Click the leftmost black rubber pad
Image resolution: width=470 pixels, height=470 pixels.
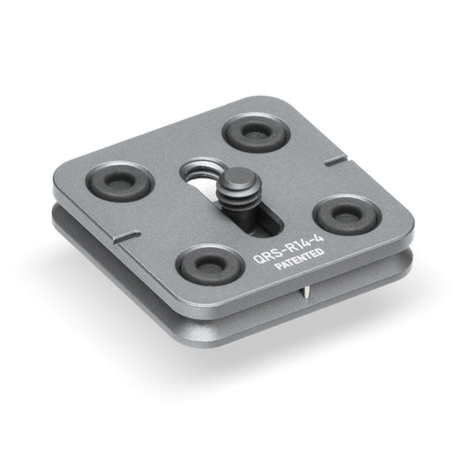[x=120, y=181]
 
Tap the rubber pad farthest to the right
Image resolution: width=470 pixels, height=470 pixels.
[x=347, y=215]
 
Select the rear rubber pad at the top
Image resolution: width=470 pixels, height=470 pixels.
[x=255, y=132]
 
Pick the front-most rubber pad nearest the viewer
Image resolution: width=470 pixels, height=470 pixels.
[x=209, y=265]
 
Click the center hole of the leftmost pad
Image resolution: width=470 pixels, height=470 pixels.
[x=120, y=180]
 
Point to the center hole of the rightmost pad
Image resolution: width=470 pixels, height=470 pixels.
[x=347, y=214]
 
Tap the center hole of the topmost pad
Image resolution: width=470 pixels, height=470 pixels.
[x=255, y=131]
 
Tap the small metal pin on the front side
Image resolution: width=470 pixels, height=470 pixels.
[x=305, y=292]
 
